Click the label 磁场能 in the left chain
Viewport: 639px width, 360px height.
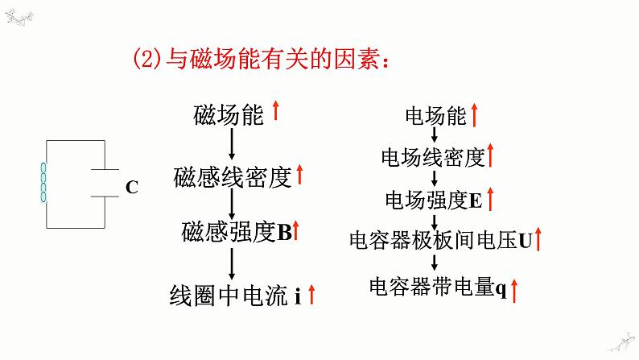tap(229, 115)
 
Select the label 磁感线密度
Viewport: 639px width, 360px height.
tap(231, 176)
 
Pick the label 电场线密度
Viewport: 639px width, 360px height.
tap(434, 157)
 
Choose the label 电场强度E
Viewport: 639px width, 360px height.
tap(434, 199)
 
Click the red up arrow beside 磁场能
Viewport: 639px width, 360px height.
tap(276, 110)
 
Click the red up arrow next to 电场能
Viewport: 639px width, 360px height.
tap(475, 115)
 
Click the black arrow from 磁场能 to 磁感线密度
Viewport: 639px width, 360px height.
tap(232, 144)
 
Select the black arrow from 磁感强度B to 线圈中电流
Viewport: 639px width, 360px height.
tap(232, 263)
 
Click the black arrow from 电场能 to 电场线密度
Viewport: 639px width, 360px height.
tap(435, 137)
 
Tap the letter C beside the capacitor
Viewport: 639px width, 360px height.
tap(132, 188)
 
